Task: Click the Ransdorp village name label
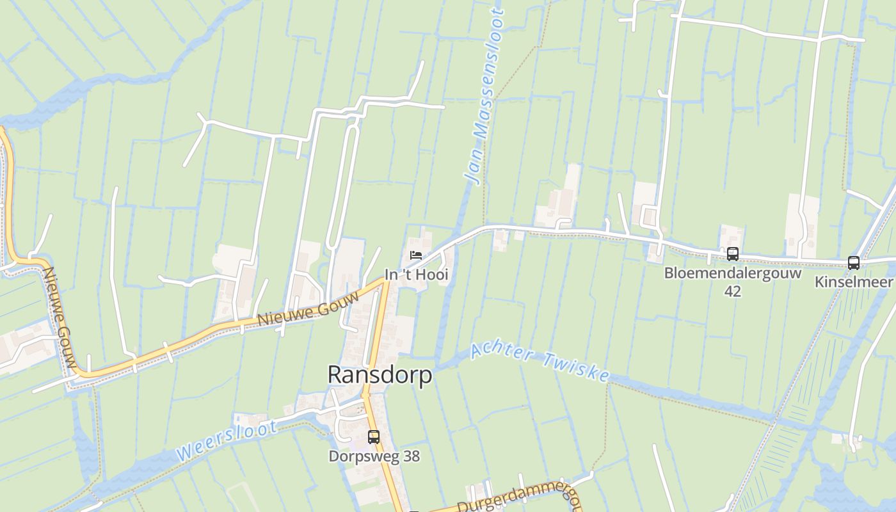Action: pyautogui.click(x=380, y=375)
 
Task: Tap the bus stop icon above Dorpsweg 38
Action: pyautogui.click(x=374, y=437)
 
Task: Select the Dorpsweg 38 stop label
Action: pyautogui.click(x=374, y=456)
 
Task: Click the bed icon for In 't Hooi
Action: pyautogui.click(x=416, y=255)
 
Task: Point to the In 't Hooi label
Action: pyautogui.click(x=416, y=275)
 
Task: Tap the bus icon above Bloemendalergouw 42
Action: pyautogui.click(x=733, y=254)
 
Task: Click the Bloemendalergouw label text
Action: pyautogui.click(x=733, y=273)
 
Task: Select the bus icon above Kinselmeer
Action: pyautogui.click(x=854, y=262)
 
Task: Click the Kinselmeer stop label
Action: pyautogui.click(x=854, y=282)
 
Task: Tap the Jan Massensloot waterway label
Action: pyautogui.click(x=484, y=96)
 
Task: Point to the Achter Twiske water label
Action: pyautogui.click(x=540, y=362)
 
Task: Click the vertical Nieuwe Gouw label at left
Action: pyautogui.click(x=60, y=320)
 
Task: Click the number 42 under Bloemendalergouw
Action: pyautogui.click(x=733, y=291)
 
